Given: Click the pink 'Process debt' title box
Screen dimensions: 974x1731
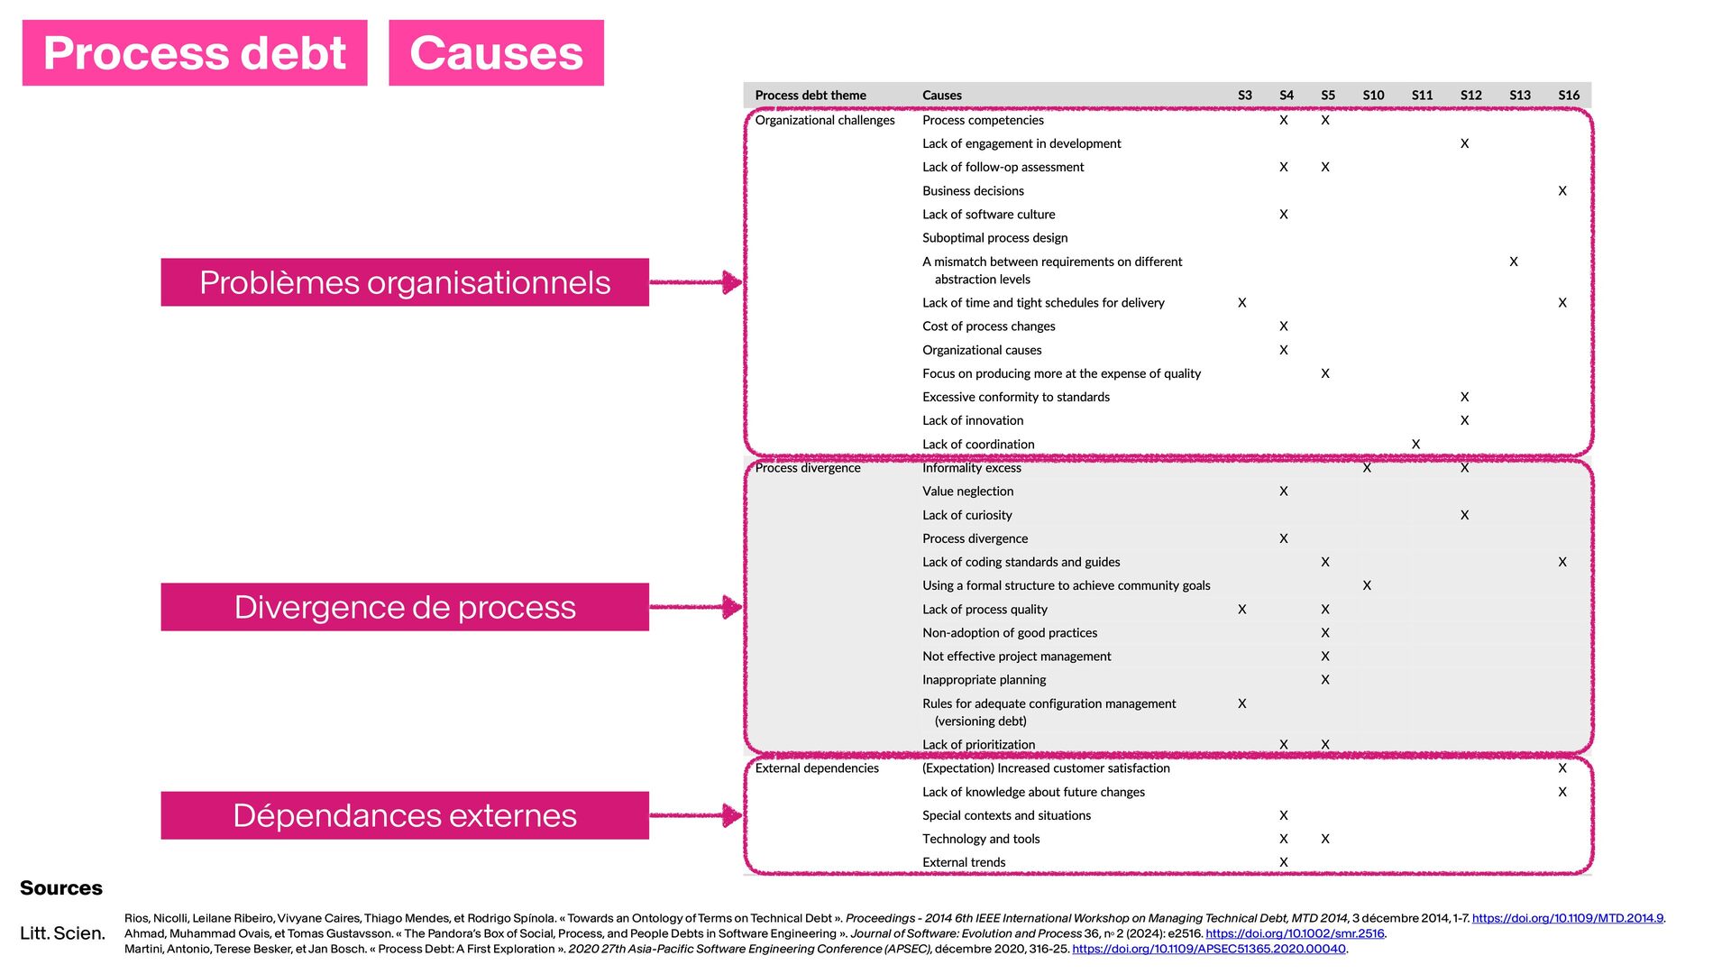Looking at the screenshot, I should pyautogui.click(x=195, y=53).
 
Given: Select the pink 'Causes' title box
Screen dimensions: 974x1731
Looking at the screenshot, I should pyautogui.click(x=496, y=53).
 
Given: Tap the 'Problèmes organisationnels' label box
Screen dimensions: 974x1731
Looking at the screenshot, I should pyautogui.click(x=405, y=282).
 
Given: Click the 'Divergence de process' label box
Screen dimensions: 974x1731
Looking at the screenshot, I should pyautogui.click(x=405, y=607).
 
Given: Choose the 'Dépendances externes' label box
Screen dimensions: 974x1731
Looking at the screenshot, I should pyautogui.click(x=405, y=815).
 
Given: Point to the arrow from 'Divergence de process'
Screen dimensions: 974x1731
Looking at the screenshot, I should pyautogui.click(x=695, y=607).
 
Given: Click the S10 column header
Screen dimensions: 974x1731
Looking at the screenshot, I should pyautogui.click(x=1373, y=95).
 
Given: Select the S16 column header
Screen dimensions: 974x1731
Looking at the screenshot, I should pyautogui.click(x=1569, y=95).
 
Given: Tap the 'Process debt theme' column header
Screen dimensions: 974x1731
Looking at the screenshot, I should pyautogui.click(x=811, y=95).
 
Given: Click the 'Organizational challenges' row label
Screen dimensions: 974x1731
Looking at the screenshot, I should pyautogui.click(x=825, y=120).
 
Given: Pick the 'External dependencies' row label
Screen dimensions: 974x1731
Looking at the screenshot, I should pyautogui.click(x=817, y=768).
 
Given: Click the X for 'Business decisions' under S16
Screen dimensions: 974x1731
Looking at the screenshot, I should pyautogui.click(x=1562, y=190).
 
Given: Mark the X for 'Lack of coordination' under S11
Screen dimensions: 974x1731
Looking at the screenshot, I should pyautogui.click(x=1415, y=444).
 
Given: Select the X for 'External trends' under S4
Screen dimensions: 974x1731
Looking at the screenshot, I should pyautogui.click(x=1284, y=862).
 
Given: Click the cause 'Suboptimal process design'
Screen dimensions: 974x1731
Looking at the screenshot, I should pyautogui.click(x=994, y=238).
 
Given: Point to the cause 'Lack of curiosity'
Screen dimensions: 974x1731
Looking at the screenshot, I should pyautogui.click(x=966, y=515).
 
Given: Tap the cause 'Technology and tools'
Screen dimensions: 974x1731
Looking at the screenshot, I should pyautogui.click(x=981, y=839).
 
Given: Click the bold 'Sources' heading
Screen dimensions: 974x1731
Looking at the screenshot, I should pyautogui.click(x=61, y=888).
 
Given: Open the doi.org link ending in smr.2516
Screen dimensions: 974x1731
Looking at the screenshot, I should pyautogui.click(x=1295, y=933).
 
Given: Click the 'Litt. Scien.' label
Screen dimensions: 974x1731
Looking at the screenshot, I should pyautogui.click(x=62, y=933).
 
